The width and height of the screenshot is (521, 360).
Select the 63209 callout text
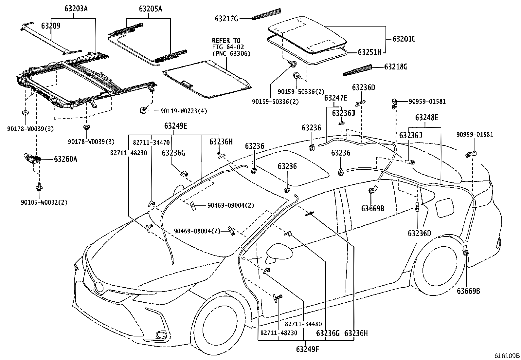pos(51,26)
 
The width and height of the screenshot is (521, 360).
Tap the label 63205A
pos(151,9)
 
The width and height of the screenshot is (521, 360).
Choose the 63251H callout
pos(369,52)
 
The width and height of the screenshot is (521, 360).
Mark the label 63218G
pos(396,67)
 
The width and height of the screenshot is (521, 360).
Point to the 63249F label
pos(307,349)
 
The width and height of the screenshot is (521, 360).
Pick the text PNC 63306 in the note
pos(231,53)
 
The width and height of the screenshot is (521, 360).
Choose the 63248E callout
pos(427,118)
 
